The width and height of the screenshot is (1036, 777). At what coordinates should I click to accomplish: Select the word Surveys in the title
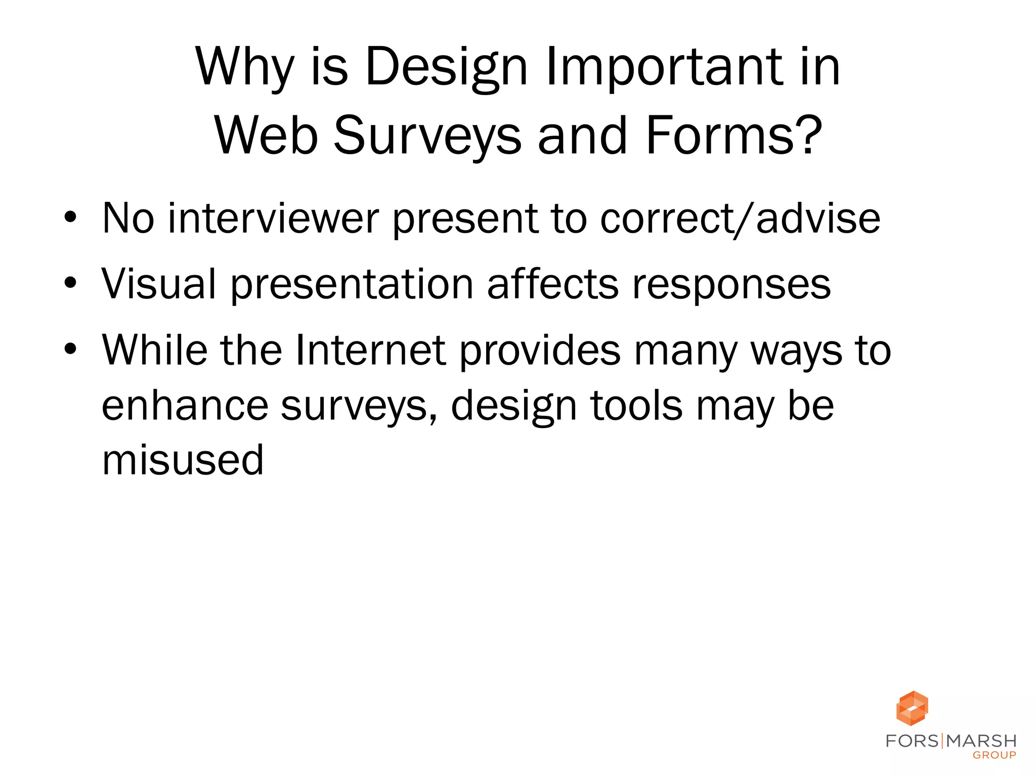coord(427,136)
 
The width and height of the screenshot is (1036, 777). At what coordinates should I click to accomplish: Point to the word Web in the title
coord(267,136)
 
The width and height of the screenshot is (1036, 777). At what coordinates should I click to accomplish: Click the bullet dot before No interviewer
coord(70,218)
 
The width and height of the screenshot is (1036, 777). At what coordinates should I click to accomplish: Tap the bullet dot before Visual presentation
coord(70,283)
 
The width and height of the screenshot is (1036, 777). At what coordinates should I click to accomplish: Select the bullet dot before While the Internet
coord(70,349)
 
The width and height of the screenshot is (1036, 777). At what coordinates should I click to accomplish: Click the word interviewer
coord(274,218)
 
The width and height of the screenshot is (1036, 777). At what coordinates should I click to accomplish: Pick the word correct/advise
coord(740,219)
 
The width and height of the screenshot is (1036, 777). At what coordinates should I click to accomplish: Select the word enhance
coord(185,405)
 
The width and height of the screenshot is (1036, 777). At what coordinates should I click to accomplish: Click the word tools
coord(636,405)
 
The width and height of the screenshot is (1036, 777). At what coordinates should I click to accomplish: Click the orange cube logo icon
coord(912,708)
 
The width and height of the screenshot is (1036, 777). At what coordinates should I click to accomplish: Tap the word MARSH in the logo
coord(981,741)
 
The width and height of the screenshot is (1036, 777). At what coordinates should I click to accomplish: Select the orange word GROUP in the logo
coord(994,755)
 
